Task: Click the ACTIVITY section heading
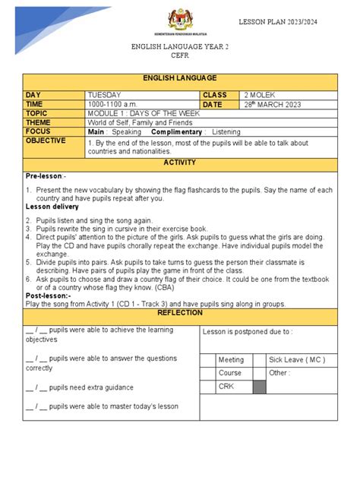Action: (x=179, y=163)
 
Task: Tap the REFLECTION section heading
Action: (x=179, y=312)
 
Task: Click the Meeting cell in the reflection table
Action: (x=231, y=359)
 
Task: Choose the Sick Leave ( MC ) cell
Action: (x=294, y=359)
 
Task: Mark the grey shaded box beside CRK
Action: (x=259, y=387)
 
